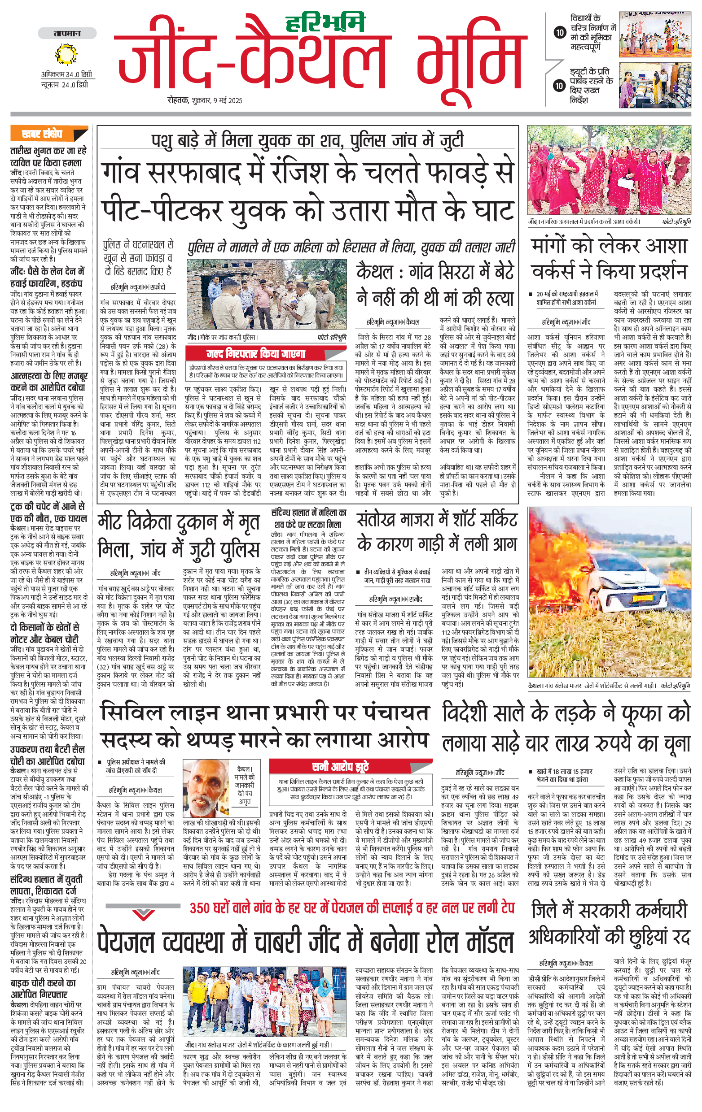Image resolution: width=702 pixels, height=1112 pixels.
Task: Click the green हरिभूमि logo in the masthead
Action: click(x=325, y=22)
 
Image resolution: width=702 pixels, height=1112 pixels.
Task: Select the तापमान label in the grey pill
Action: click(x=67, y=34)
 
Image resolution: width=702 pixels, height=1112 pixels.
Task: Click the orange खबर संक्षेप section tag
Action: click(x=43, y=134)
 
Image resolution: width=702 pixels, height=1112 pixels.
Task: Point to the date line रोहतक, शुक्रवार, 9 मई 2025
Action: click(x=205, y=100)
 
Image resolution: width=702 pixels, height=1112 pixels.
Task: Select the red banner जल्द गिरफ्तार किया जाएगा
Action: click(x=255, y=354)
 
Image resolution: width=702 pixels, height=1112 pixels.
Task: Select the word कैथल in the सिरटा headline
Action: click(x=375, y=272)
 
